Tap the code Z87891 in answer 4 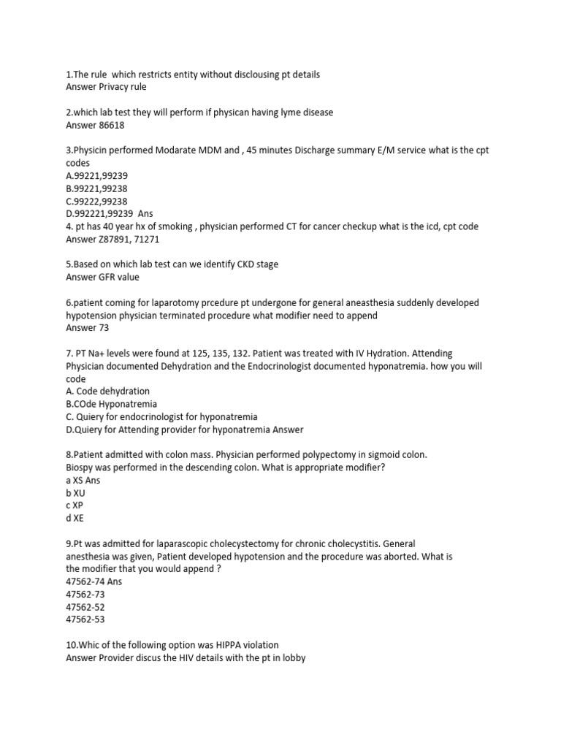[x=118, y=239]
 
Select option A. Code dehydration [x=107, y=391]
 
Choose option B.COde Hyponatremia [x=111, y=404]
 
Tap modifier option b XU [x=75, y=493]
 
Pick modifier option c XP [x=75, y=505]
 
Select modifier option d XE [x=75, y=518]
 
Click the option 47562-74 [x=85, y=581]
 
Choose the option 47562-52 [x=85, y=607]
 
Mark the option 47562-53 [x=85, y=619]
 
